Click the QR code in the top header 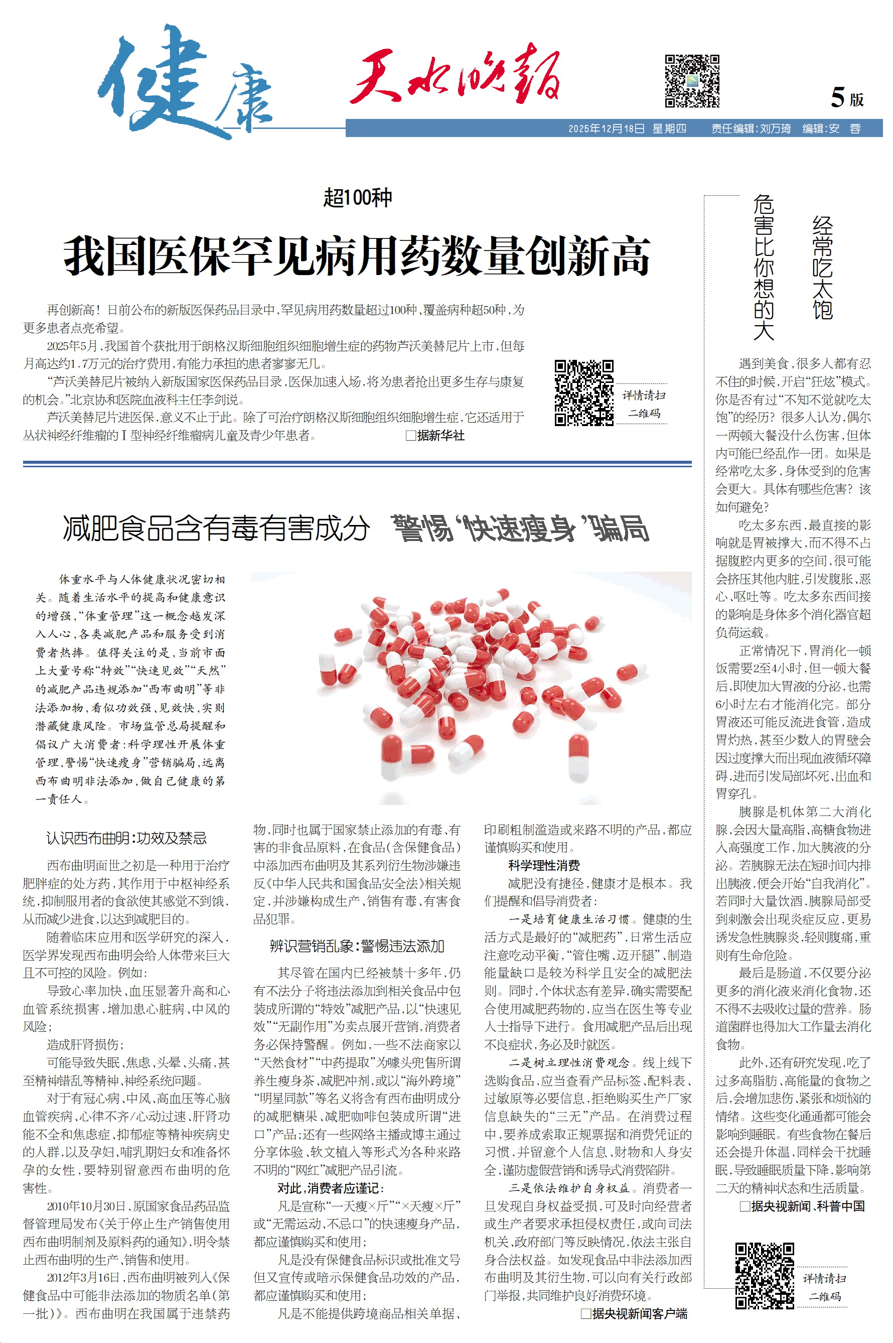(691, 81)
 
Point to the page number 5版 (847, 98)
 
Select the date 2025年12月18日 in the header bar (606, 128)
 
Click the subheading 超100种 (358, 198)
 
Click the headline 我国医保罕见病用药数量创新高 (357, 256)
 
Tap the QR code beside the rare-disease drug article (584, 392)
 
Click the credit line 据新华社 (435, 436)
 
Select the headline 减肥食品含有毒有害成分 (216, 528)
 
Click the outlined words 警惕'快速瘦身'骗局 (520, 528)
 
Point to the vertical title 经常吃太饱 (822, 267)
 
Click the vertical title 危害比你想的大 (764, 267)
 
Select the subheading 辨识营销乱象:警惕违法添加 (357, 946)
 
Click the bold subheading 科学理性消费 (544, 865)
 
